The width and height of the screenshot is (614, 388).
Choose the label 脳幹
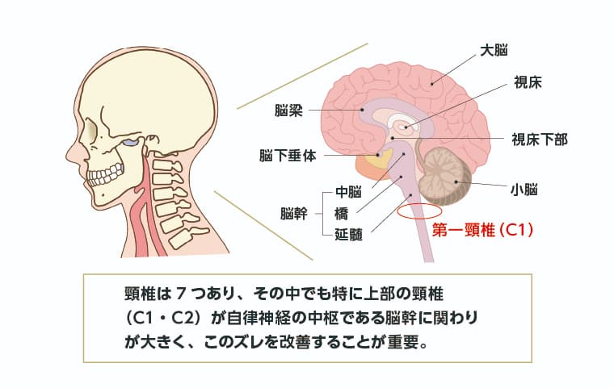(x=293, y=214)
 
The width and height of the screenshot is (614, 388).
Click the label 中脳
(x=347, y=193)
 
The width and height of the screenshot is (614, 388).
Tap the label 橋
(x=341, y=214)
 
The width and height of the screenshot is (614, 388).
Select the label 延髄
(x=347, y=235)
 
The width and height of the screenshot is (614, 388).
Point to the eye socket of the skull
(x=128, y=145)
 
